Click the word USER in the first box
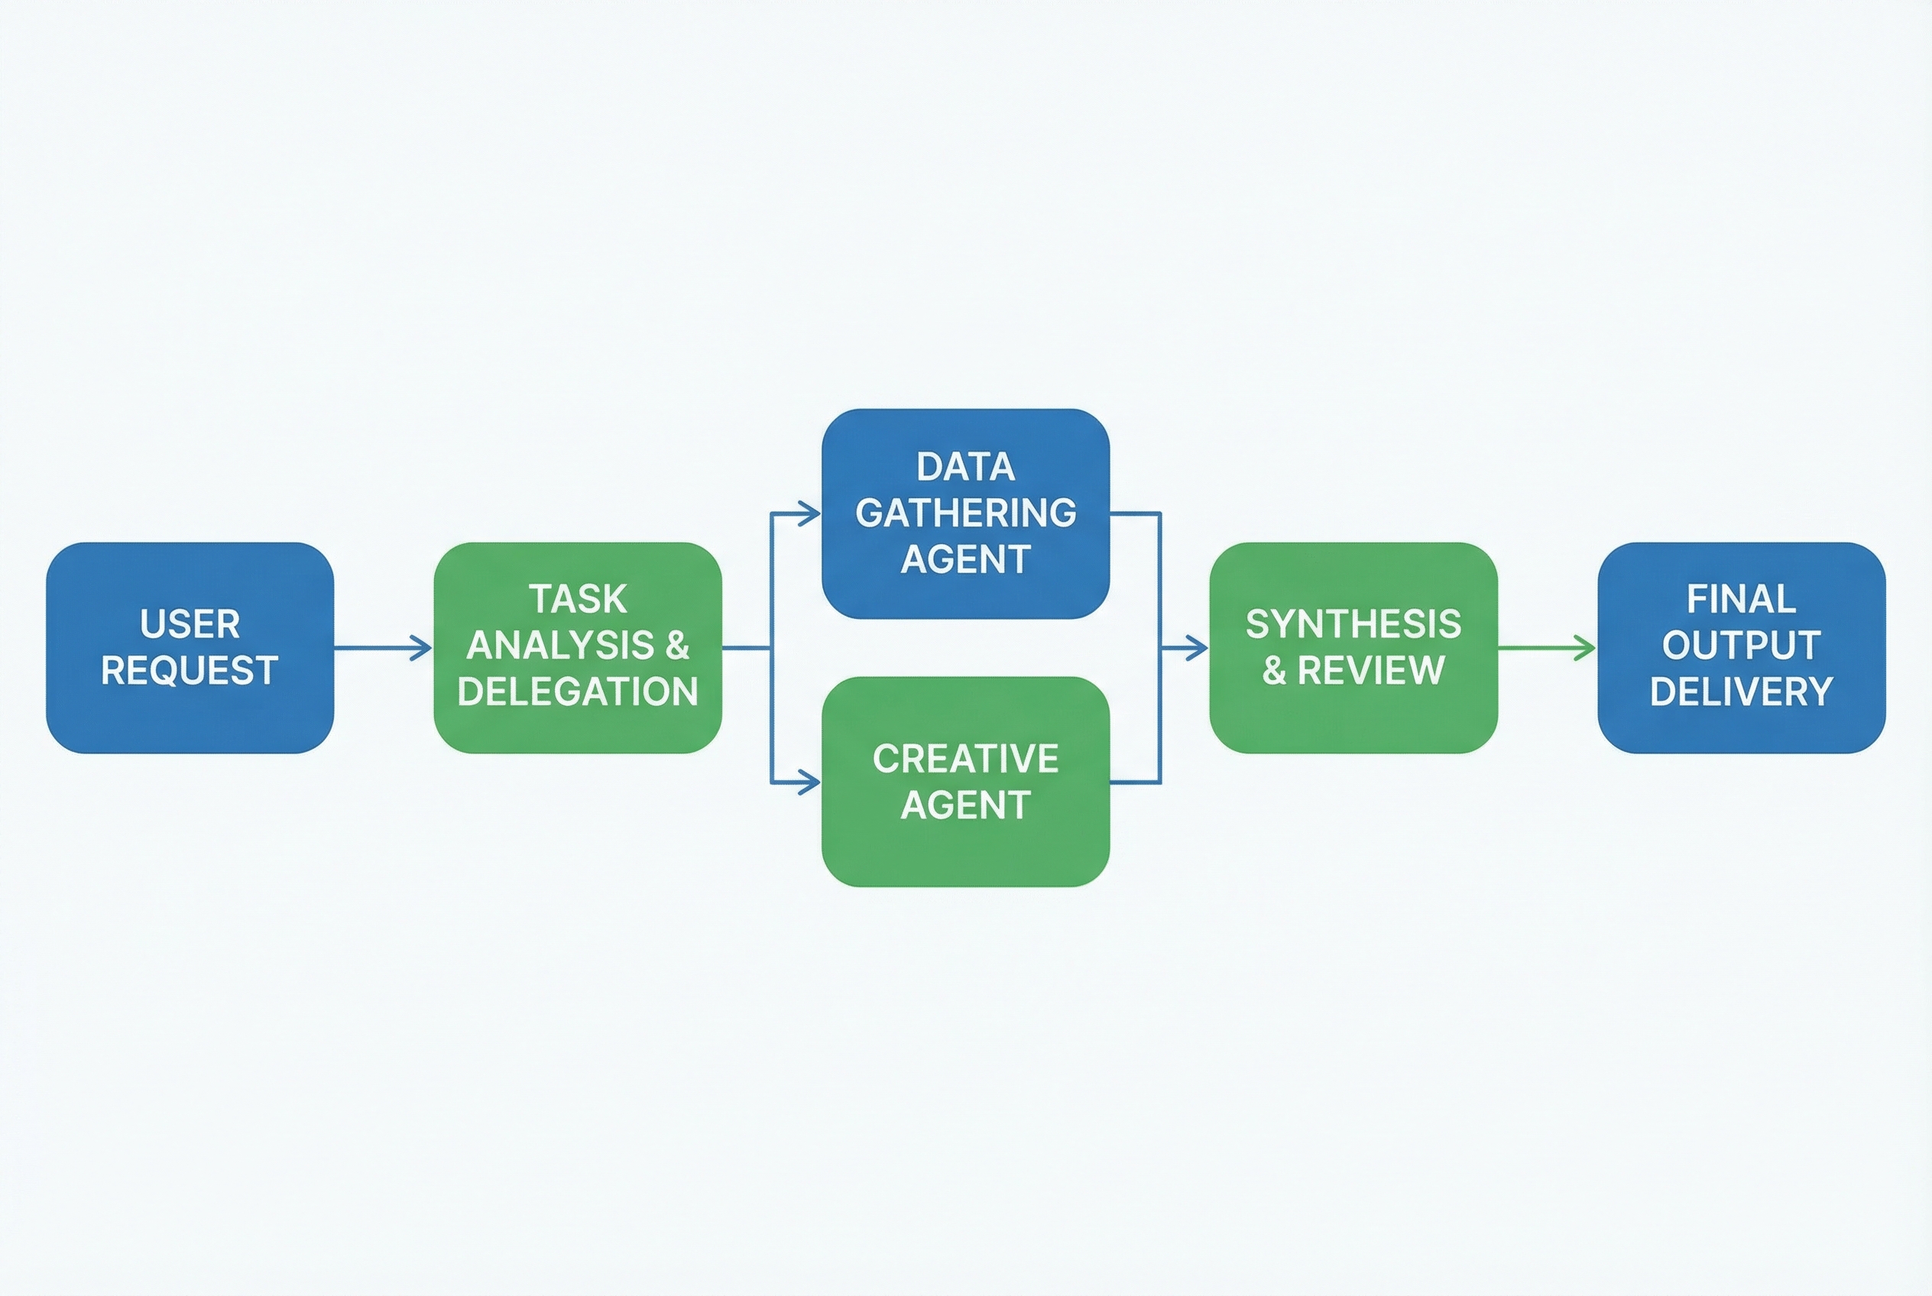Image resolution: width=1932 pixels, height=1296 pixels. tap(190, 624)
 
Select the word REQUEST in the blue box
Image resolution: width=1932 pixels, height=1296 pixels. tap(190, 670)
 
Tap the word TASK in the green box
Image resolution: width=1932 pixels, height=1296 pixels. tap(578, 599)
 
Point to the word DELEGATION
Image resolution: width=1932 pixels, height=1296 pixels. tap(578, 692)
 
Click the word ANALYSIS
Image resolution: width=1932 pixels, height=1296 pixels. tap(560, 646)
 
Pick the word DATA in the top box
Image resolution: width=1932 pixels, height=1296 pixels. tap(965, 467)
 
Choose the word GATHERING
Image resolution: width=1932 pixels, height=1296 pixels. tap(965, 514)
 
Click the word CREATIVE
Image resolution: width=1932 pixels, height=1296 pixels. tap(965, 759)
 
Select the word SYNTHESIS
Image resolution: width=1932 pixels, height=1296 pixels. tap(1353, 624)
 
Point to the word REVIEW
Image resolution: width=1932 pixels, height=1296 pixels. tap(1372, 670)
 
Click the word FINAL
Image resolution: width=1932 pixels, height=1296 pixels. tap(1741, 599)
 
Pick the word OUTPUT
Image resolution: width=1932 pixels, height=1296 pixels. tap(1741, 646)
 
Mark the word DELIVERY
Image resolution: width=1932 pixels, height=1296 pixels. tap(1741, 692)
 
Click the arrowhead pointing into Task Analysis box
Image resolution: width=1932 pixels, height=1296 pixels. tap(423, 648)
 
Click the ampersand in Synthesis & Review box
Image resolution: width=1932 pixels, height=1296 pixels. tap(1274, 671)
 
